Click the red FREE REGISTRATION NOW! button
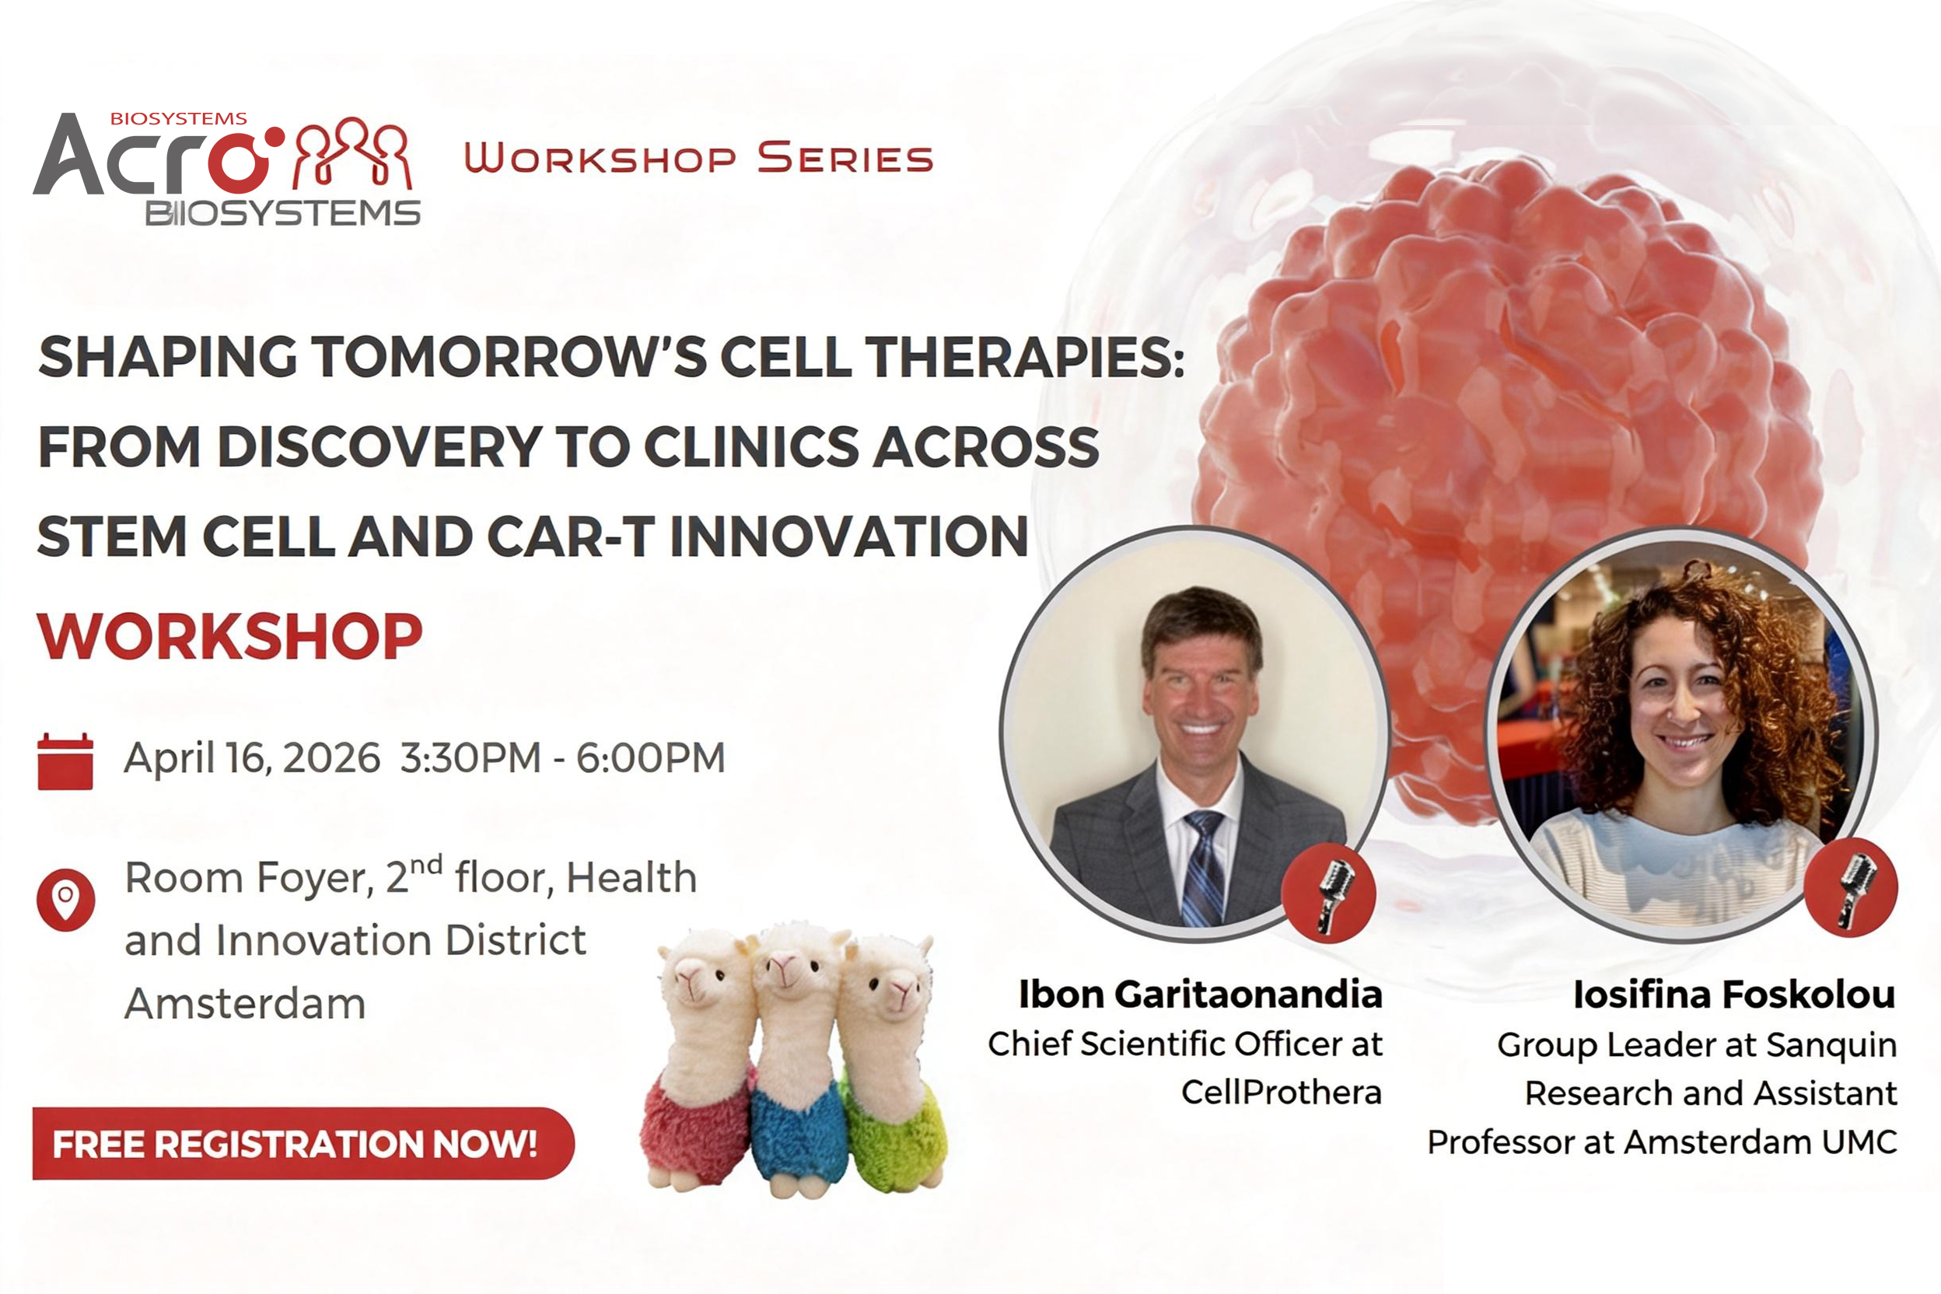pos(303,1144)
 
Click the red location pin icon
pos(65,900)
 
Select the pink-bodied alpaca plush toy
pos(701,1065)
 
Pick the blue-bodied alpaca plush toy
pos(799,1065)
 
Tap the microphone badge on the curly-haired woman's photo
pos(1850,888)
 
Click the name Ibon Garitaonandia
pos(1200,995)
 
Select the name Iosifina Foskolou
pos(1734,995)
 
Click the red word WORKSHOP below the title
pos(230,636)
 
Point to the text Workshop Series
pos(698,158)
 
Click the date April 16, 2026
pos(252,758)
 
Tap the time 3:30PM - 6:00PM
pos(563,757)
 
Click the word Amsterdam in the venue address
pos(245,1003)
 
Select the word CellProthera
pos(1282,1092)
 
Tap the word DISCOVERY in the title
pos(379,447)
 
